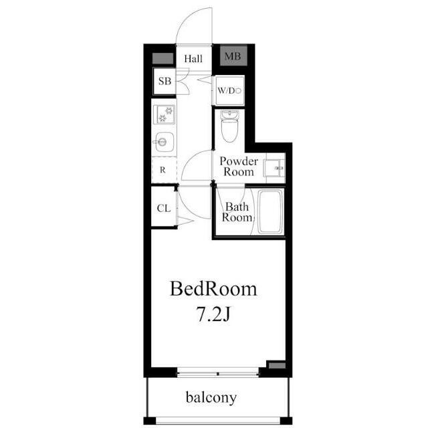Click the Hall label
(193, 59)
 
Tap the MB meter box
(233, 56)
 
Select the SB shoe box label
(165, 81)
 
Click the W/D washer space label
(227, 91)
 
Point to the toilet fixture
(229, 126)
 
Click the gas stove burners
(164, 114)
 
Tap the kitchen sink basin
(164, 142)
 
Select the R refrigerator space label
(163, 170)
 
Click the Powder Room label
(239, 167)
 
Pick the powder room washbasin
(274, 168)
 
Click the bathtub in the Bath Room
(270, 212)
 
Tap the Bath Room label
(237, 212)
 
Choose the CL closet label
(164, 209)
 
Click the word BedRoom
(213, 289)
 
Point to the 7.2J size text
(213, 315)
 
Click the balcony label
(211, 397)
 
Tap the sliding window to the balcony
(218, 373)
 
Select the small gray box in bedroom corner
(277, 365)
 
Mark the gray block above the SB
(163, 58)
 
